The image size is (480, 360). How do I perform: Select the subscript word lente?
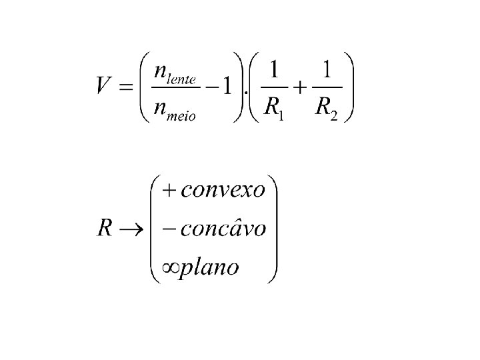(182, 79)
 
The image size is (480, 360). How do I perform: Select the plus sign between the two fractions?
(301, 87)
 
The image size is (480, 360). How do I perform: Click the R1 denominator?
(275, 107)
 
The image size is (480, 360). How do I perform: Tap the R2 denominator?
(325, 107)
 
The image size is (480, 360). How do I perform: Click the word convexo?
(223, 190)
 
